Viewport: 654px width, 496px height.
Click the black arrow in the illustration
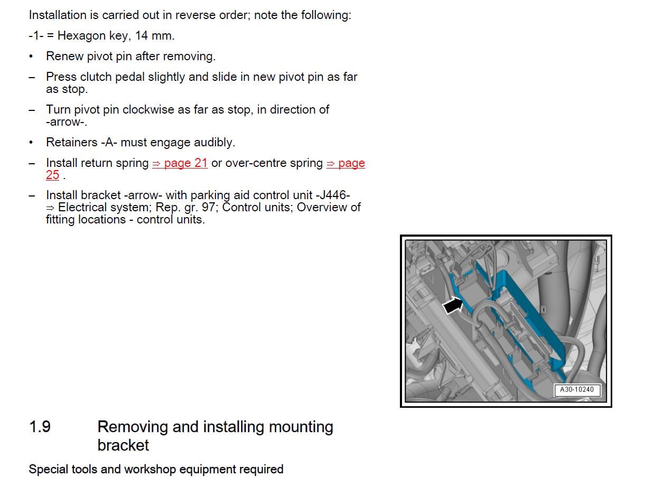coord(452,305)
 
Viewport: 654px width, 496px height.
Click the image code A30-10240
coord(577,390)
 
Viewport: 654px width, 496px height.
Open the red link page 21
coord(180,163)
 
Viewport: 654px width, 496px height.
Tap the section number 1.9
coord(40,427)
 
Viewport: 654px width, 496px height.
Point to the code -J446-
coord(333,195)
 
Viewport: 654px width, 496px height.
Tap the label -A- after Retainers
coord(109,143)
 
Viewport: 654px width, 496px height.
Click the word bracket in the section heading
coord(123,445)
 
